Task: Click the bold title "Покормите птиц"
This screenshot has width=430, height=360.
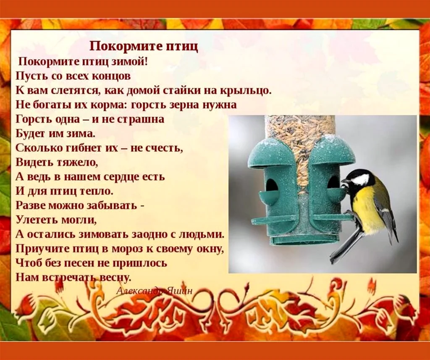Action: tap(144, 47)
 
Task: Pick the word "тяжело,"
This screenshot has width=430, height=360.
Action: tap(77, 163)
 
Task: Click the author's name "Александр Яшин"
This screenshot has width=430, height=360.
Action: tap(155, 291)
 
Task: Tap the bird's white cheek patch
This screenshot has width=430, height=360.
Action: tap(361, 180)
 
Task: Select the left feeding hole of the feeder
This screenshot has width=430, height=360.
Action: tap(272, 186)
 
